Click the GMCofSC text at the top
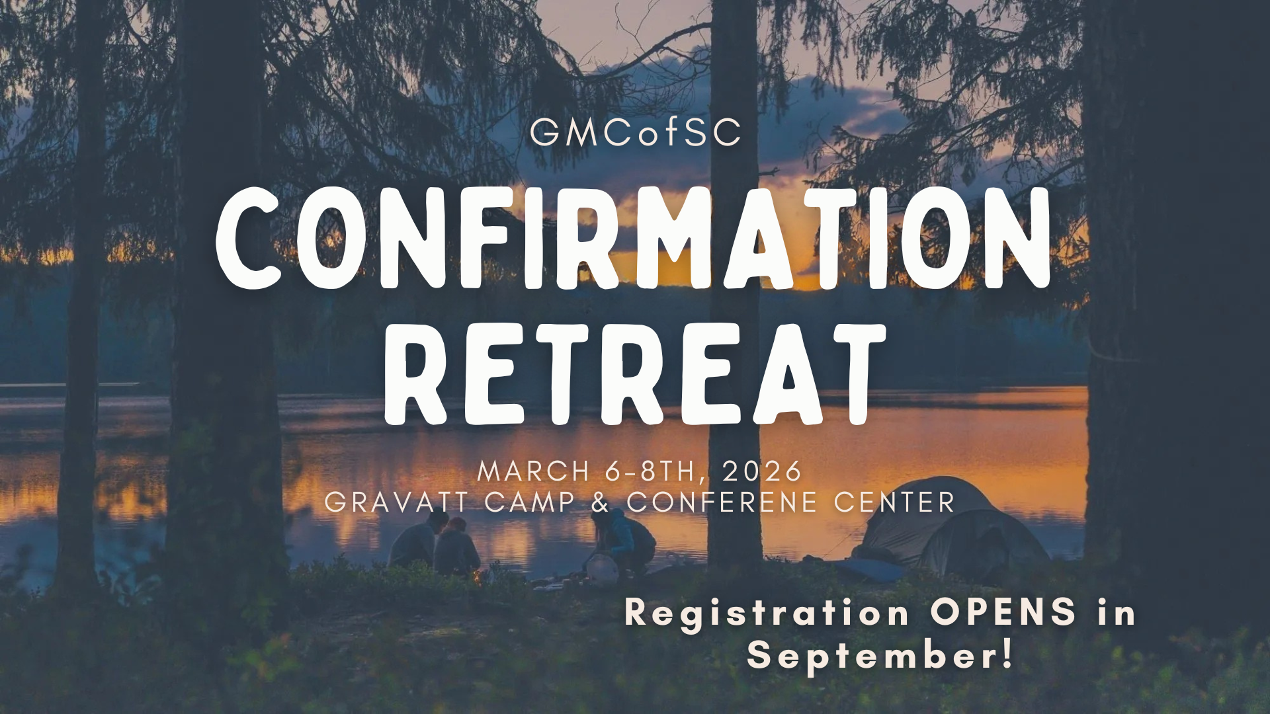(635, 132)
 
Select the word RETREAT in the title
(635, 374)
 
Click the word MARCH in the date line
(533, 472)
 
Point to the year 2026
(762, 472)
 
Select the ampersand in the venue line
(600, 502)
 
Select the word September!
(880, 656)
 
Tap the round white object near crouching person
(602, 569)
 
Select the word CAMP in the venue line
(530, 502)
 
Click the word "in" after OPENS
(1116, 613)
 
